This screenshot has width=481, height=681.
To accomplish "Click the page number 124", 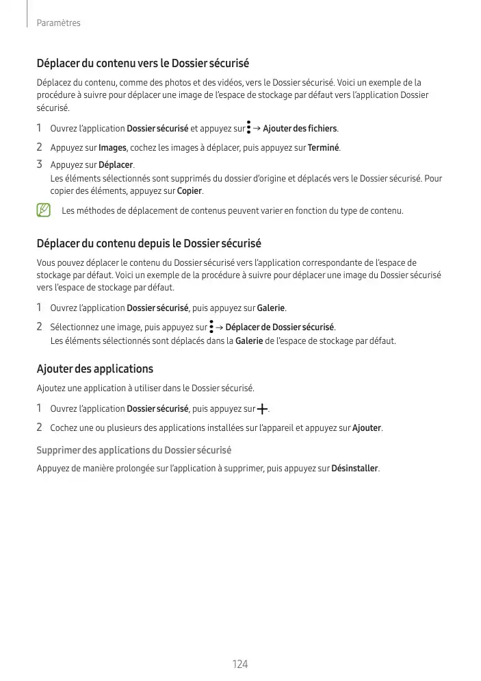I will tap(239, 664).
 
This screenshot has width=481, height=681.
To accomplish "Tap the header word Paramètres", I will tap(58, 23).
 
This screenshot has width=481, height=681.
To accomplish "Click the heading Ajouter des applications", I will tap(94, 369).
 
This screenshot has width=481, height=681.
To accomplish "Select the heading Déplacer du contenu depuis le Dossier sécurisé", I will tap(148, 243).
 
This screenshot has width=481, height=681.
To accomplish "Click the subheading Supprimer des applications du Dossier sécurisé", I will tap(133, 450).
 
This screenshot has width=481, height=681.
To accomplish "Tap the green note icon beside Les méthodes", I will tap(44, 210).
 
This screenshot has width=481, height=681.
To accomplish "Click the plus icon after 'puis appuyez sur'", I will tap(262, 410).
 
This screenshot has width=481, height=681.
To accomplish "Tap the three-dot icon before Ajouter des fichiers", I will tap(248, 128).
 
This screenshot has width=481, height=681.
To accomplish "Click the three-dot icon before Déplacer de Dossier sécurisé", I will tap(211, 327).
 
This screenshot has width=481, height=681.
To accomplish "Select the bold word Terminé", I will tap(324, 148).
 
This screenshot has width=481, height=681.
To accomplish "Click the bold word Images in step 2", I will tap(112, 148).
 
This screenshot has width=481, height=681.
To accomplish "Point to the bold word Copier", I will tap(190, 190).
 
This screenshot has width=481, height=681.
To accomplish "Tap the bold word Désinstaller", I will tap(354, 469).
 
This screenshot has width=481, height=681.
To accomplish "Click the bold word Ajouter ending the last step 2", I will tap(366, 428).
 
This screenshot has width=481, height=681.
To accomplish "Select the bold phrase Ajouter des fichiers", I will tap(300, 129).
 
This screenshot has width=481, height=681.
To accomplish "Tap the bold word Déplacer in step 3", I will tap(116, 165).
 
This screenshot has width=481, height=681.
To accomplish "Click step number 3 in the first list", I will tap(40, 165).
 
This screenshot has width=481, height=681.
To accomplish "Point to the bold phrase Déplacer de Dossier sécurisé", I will tap(279, 327).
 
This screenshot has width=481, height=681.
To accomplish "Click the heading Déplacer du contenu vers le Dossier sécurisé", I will tap(142, 64).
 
